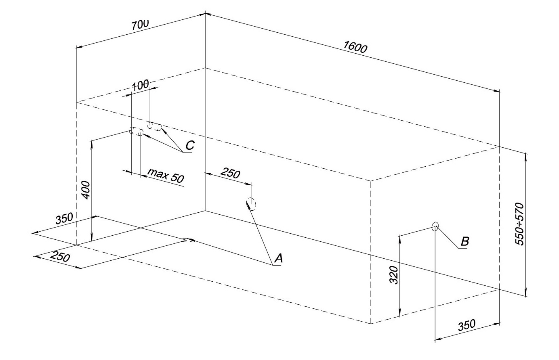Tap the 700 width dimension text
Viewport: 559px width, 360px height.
(140, 24)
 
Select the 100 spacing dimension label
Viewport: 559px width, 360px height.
(140, 85)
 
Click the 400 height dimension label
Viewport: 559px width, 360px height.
(86, 190)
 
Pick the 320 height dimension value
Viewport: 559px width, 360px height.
(394, 275)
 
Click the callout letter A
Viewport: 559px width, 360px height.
(278, 258)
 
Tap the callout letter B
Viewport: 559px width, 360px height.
(464, 242)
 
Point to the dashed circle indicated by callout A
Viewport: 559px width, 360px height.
(251, 204)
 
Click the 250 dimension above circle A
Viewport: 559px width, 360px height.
(230, 174)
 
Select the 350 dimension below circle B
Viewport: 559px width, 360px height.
(467, 325)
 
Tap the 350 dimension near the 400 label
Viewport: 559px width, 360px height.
(64, 219)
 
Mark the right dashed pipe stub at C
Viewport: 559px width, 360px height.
(155, 127)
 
